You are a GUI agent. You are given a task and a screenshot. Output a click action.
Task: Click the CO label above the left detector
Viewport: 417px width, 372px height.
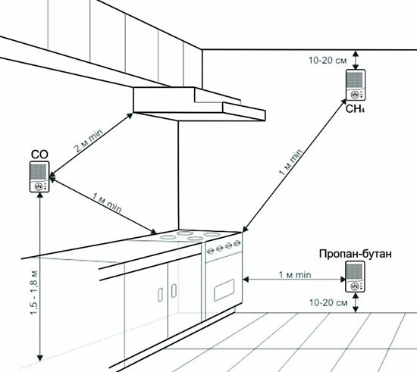click(x=39, y=155)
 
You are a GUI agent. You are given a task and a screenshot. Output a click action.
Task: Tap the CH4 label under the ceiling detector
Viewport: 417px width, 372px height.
click(x=355, y=108)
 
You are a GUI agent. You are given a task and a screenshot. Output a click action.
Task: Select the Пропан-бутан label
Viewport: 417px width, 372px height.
click(x=356, y=254)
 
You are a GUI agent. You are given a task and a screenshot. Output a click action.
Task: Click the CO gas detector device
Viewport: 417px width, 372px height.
click(x=39, y=177)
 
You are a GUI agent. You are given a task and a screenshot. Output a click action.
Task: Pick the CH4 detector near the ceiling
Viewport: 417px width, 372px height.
click(x=356, y=85)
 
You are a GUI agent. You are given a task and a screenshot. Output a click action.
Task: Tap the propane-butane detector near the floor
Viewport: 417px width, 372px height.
click(x=355, y=277)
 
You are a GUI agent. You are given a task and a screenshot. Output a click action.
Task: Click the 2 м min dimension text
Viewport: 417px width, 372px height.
click(x=88, y=141)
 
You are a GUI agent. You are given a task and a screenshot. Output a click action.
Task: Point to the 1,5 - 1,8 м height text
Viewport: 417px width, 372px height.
click(x=35, y=292)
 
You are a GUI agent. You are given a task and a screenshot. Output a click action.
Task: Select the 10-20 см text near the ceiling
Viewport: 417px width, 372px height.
click(x=328, y=61)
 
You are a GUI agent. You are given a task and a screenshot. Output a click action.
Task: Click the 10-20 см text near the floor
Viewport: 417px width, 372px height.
click(x=328, y=302)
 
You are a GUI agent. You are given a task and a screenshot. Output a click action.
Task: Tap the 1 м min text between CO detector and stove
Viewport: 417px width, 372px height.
click(x=107, y=203)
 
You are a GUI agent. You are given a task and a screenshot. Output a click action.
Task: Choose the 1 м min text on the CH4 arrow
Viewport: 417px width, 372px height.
click(x=290, y=162)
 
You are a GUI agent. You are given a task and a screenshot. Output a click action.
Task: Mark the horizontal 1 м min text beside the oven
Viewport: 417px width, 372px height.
click(x=295, y=274)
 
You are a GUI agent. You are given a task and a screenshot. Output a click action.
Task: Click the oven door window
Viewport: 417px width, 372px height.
click(x=224, y=290)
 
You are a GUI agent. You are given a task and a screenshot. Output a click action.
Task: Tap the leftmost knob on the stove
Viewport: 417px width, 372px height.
click(x=211, y=250)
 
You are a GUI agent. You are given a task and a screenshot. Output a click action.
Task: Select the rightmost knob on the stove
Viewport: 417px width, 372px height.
click(x=237, y=243)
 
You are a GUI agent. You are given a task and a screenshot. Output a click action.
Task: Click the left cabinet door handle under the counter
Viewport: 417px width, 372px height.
click(x=161, y=295)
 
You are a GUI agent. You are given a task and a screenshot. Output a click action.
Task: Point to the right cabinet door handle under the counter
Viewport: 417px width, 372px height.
click(x=174, y=291)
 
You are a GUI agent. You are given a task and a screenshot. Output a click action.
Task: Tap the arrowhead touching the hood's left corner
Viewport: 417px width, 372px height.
click(x=130, y=116)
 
